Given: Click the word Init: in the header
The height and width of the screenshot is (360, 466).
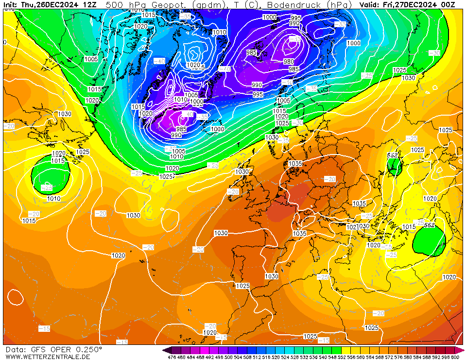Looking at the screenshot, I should tap(11, 4).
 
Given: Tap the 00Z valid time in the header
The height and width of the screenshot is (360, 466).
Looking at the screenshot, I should tap(448, 4).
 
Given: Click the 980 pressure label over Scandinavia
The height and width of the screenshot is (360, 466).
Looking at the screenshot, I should tap(289, 61).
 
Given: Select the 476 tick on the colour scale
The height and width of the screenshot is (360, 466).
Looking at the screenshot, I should tap(171, 357).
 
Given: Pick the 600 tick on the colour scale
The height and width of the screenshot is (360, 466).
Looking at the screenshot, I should tap(455, 357).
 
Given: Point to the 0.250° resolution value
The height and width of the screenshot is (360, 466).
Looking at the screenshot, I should tap(89, 349).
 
